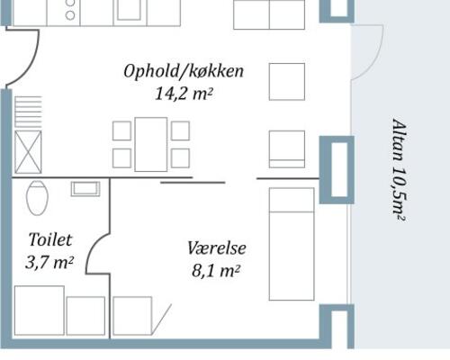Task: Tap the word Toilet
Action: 50,240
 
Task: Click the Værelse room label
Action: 217,247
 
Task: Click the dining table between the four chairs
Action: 151,144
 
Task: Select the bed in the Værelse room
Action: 292,244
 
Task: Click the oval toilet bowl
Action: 37,197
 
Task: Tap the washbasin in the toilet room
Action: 86,188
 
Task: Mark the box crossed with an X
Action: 28,150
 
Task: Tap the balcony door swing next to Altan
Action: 366,52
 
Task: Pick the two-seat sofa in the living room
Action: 269,13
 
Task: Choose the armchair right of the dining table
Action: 287,148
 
